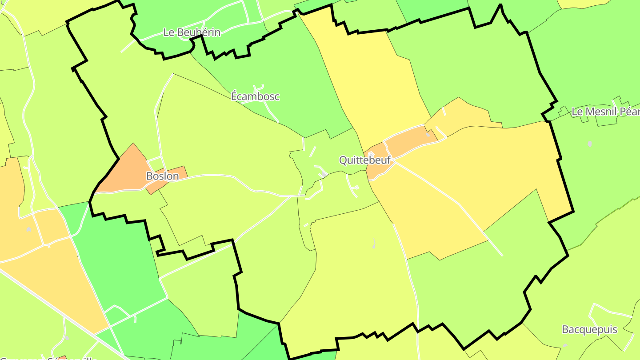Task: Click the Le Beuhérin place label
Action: pyautogui.click(x=192, y=32)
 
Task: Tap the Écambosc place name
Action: pyautogui.click(x=255, y=96)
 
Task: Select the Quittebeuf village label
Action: pyautogui.click(x=364, y=160)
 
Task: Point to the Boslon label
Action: pyautogui.click(x=162, y=176)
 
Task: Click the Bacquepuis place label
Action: pyautogui.click(x=589, y=329)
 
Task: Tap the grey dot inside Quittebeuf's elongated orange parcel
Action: pyautogui.click(x=428, y=134)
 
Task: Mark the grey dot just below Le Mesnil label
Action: pyautogui.click(x=589, y=144)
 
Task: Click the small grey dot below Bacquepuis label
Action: pyautogui.click(x=565, y=344)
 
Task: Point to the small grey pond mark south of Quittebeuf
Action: pyautogui.click(x=374, y=244)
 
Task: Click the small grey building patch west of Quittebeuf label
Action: pyautogui.click(x=321, y=175)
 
